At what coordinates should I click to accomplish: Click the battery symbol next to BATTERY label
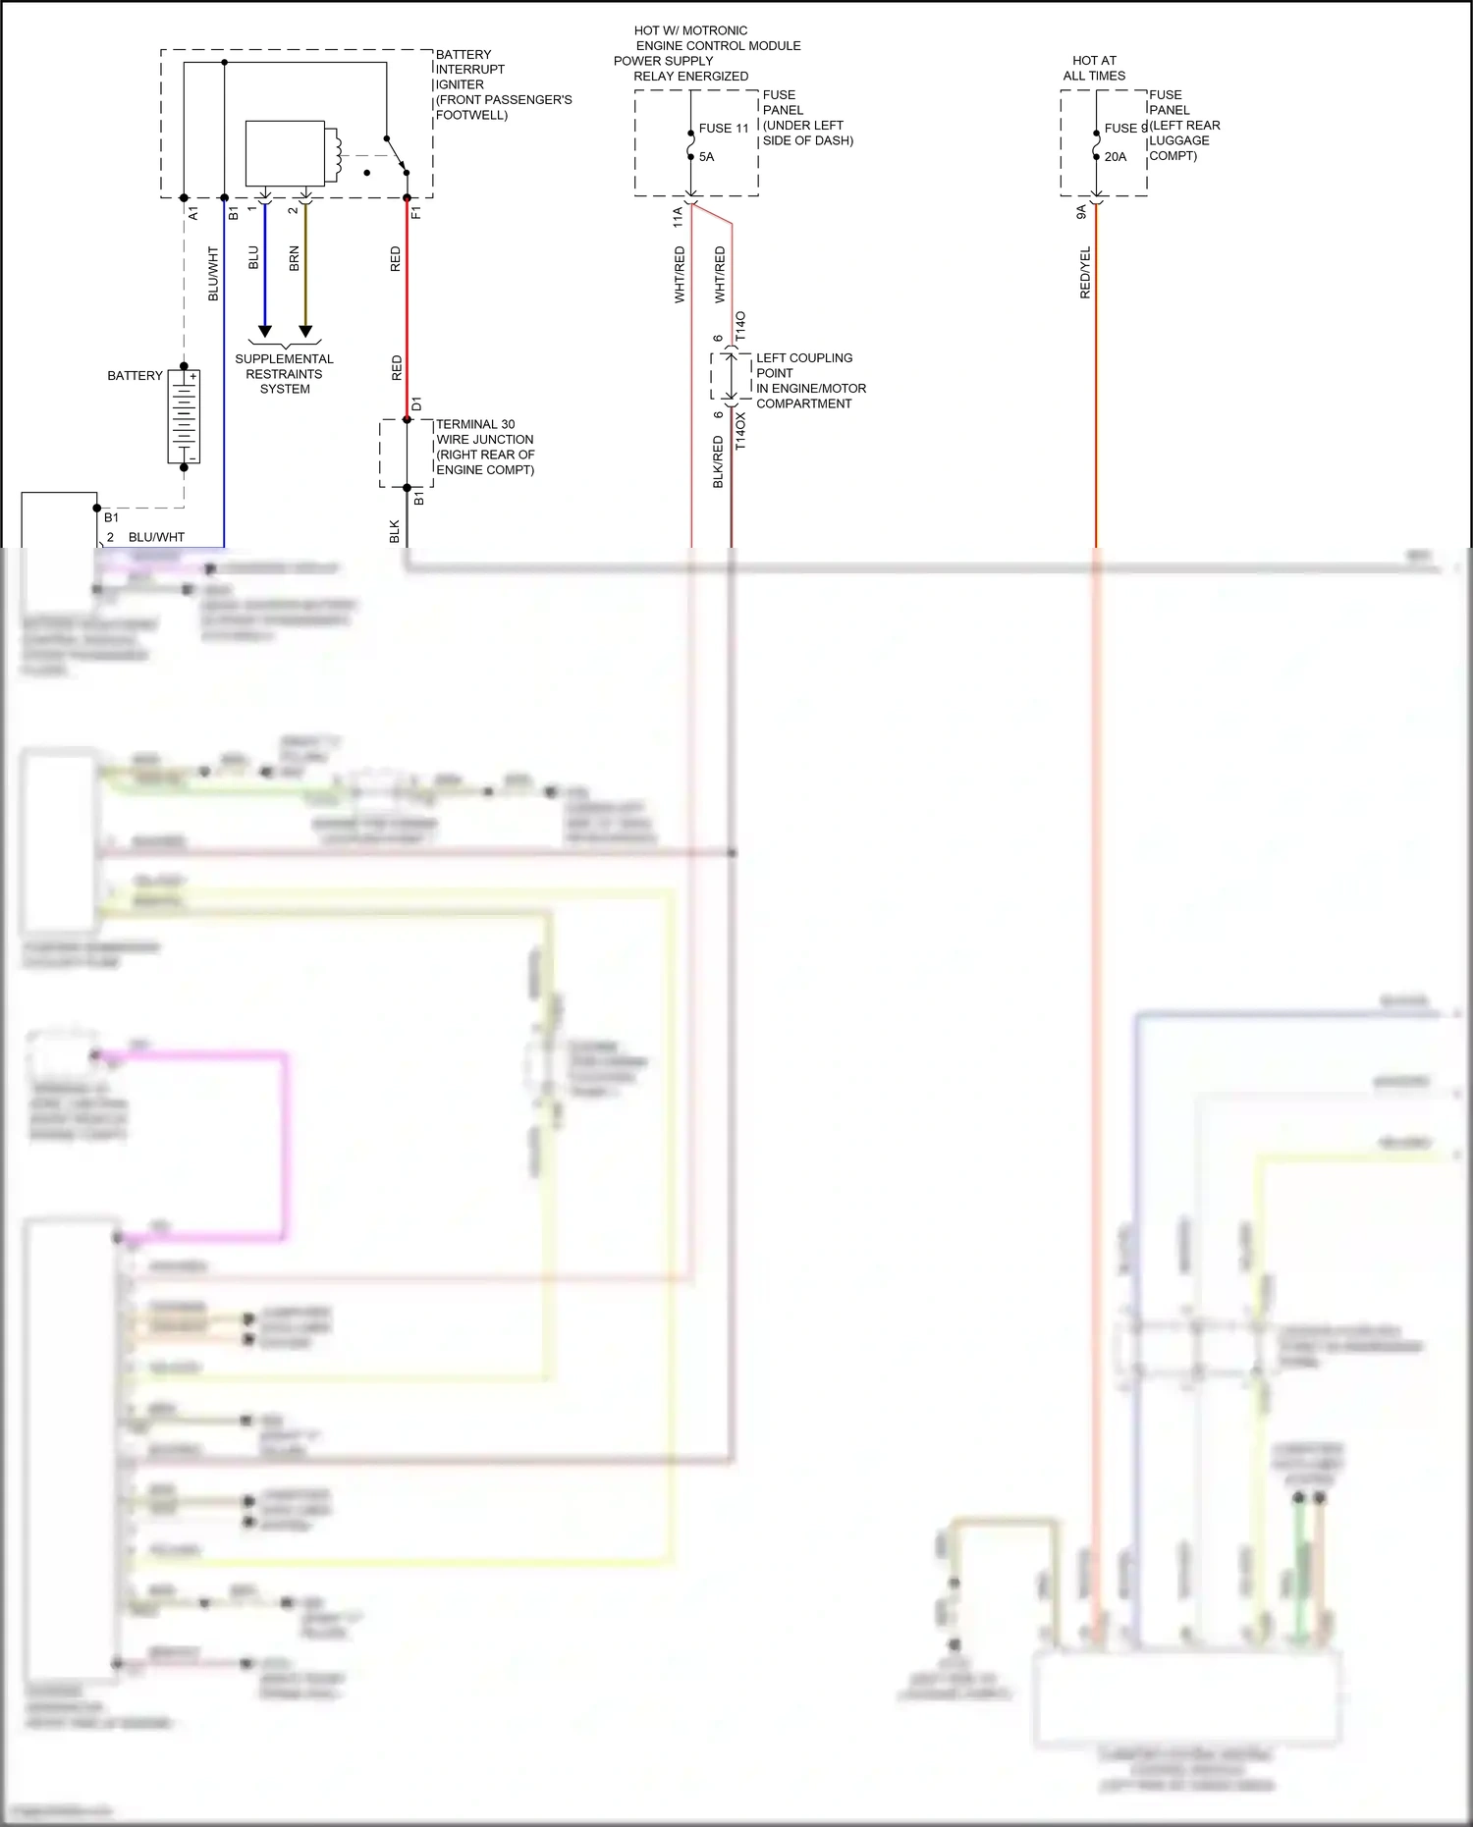(184, 416)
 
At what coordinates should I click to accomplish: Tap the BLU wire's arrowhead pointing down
(264, 331)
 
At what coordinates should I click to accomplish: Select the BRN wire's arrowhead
(305, 331)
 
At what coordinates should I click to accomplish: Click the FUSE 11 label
(724, 129)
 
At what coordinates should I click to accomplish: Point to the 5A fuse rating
(707, 157)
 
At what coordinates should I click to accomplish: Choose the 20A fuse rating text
(1116, 157)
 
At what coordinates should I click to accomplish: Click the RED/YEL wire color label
(1085, 273)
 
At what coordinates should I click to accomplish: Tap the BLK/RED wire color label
(718, 462)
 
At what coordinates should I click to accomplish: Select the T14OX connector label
(740, 431)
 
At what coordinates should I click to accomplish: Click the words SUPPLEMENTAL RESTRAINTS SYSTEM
(285, 374)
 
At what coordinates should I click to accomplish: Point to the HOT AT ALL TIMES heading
(1094, 68)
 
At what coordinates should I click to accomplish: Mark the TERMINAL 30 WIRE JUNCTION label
(485, 447)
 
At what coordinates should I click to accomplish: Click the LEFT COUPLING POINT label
(810, 381)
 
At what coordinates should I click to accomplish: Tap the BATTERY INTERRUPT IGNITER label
(503, 84)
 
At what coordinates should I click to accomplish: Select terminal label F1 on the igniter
(416, 212)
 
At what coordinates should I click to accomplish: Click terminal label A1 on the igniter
(193, 212)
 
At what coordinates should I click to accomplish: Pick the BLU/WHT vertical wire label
(213, 274)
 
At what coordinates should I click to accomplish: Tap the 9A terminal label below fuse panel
(1081, 212)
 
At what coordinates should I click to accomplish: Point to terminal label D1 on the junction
(416, 404)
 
